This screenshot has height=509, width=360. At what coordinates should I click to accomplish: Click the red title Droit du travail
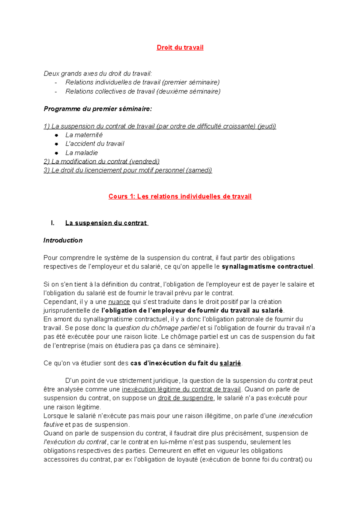coord(180,47)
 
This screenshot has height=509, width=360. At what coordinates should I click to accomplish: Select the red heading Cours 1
coord(180,196)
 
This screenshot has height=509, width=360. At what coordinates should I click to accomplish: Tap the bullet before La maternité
coord(56,135)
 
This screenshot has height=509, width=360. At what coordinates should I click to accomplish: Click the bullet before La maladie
coord(56,153)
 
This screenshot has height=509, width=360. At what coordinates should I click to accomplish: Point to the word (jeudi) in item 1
coord(267,126)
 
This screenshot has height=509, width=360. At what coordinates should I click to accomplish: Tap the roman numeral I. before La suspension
coord(53,223)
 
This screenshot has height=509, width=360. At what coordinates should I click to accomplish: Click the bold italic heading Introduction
coord(63,240)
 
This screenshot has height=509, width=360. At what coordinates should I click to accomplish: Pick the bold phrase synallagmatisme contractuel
coord(267,266)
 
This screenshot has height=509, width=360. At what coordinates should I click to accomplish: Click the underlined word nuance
coord(119,302)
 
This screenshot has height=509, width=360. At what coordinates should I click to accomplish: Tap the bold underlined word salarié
coord(230,363)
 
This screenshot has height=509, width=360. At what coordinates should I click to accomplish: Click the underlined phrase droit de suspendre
coord(186,398)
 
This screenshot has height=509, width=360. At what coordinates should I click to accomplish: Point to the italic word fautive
coord(53,424)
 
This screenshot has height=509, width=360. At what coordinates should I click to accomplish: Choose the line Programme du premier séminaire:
coord(98,109)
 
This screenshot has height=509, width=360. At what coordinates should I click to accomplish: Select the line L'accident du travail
coord(95,144)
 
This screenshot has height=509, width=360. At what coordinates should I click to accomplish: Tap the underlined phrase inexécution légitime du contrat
coord(181,389)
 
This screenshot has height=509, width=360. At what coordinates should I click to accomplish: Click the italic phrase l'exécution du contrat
coord(75,442)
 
